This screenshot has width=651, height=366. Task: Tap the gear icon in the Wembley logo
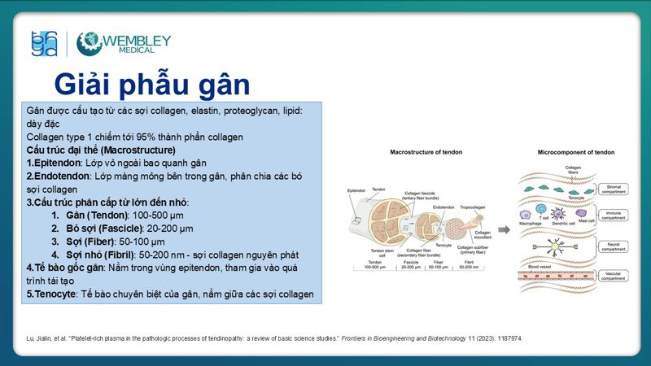(x=90, y=44)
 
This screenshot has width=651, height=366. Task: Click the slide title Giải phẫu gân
(x=151, y=84)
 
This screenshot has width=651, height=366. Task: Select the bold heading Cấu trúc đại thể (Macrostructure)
(x=101, y=150)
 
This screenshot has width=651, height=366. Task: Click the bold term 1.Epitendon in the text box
(x=58, y=163)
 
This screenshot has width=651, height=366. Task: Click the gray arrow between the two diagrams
(x=505, y=230)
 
